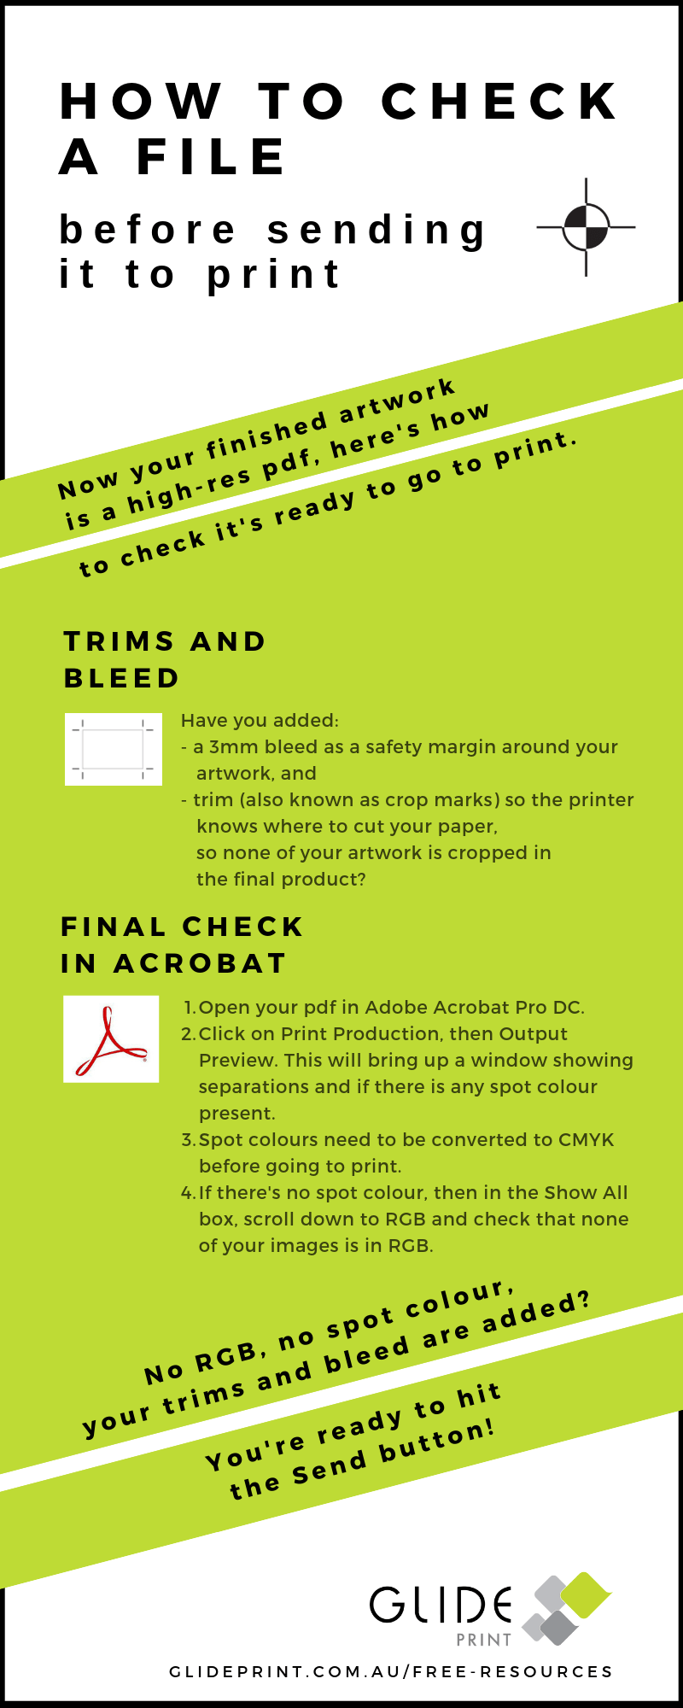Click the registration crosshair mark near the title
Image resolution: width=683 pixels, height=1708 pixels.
(x=586, y=227)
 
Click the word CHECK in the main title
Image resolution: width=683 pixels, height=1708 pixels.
(x=499, y=102)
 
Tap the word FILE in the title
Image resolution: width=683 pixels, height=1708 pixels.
(x=211, y=157)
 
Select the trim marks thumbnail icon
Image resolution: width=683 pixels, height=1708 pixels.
(x=113, y=749)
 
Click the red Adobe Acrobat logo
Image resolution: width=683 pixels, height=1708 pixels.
(x=111, y=1038)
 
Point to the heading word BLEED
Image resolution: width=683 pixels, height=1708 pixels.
(x=121, y=678)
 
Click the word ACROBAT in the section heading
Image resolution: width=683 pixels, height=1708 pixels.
(x=200, y=963)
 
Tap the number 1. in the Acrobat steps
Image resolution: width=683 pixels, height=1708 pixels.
(x=190, y=1008)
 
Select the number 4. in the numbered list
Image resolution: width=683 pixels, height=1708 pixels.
(x=189, y=1193)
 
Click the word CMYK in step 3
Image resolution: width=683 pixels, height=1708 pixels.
(x=586, y=1140)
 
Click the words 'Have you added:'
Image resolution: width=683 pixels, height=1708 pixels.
(x=260, y=721)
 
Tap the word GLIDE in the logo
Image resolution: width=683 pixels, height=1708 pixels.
(x=441, y=1606)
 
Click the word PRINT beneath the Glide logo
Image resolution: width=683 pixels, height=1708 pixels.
(x=483, y=1640)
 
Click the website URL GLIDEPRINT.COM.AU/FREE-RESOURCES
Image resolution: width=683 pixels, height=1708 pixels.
(x=391, y=1671)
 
